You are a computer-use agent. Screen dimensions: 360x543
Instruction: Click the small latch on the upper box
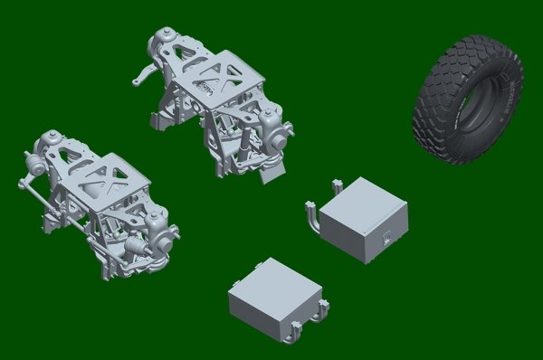[x=386, y=240]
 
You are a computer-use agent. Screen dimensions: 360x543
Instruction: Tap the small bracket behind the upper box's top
[x=337, y=186]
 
